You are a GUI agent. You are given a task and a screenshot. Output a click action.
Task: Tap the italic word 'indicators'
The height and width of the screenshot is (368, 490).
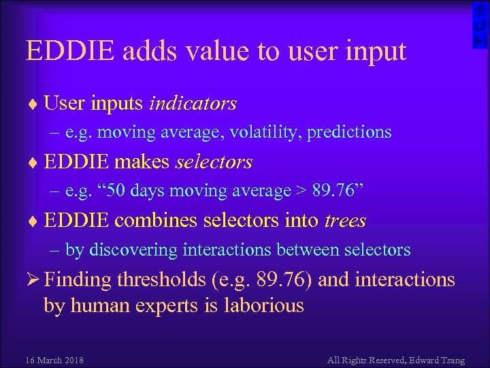pos(193,103)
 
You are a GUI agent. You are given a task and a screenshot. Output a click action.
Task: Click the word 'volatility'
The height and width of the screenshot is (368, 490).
pos(262,132)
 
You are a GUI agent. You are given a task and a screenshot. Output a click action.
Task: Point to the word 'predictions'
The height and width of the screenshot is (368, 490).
pos(349,132)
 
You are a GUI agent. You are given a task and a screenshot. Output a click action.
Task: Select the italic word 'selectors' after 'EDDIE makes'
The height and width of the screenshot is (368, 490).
pos(214,162)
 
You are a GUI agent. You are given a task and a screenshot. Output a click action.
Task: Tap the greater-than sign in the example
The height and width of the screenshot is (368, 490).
pos(300,191)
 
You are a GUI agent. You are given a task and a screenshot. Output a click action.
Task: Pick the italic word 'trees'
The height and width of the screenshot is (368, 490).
pos(345,221)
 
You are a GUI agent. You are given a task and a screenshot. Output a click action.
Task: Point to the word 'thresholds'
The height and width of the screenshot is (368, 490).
pos(161,279)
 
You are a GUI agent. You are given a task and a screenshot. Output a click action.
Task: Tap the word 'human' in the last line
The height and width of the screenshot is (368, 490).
pos(101,305)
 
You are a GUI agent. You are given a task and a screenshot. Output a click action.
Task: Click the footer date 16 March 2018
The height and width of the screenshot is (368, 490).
pos(54,360)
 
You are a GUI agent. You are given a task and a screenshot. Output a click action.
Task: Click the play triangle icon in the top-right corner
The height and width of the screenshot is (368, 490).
pos(480,41)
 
